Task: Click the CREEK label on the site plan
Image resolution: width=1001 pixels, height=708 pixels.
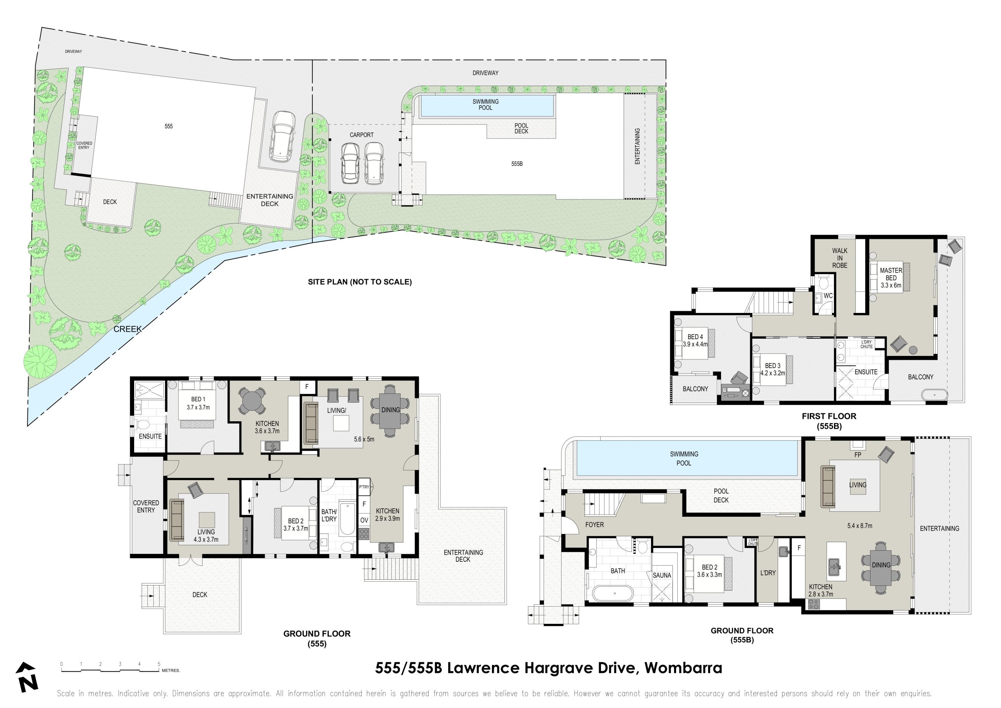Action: click(x=127, y=329)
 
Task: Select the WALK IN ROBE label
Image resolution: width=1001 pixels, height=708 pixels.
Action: click(x=839, y=258)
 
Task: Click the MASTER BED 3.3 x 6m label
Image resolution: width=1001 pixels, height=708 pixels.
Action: click(x=891, y=278)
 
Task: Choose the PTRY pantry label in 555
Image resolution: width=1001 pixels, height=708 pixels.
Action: click(x=364, y=487)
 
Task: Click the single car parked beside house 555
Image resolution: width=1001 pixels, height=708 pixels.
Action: click(x=282, y=136)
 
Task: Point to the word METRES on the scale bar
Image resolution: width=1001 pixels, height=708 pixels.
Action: click(x=170, y=670)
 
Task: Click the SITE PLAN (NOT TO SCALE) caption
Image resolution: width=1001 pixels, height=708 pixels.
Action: click(x=360, y=282)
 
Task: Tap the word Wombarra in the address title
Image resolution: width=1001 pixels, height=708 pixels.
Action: click(x=683, y=668)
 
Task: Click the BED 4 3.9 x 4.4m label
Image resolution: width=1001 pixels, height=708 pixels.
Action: click(x=695, y=340)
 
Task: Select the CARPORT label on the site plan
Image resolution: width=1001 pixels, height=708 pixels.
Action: click(x=361, y=135)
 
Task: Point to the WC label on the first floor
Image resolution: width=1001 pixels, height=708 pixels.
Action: click(x=828, y=295)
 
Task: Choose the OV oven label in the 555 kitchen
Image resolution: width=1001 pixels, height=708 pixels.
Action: click(x=364, y=520)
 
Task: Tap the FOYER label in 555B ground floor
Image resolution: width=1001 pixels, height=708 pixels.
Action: click(x=594, y=525)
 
